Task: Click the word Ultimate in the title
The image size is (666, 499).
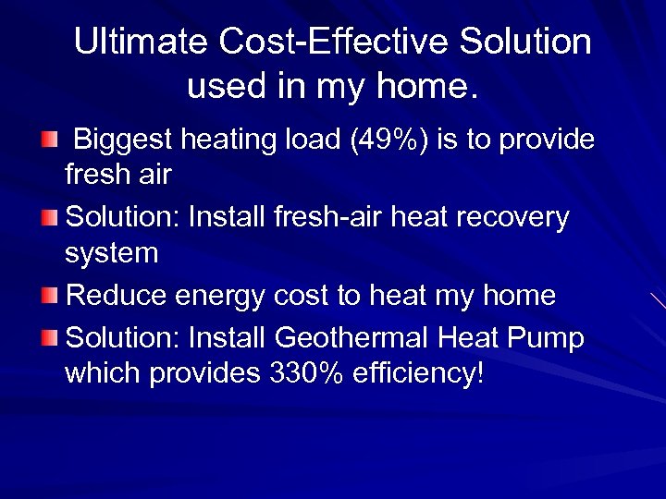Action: tap(142, 42)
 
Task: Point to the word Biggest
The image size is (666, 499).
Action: tap(123, 140)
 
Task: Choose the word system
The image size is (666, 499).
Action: tap(111, 253)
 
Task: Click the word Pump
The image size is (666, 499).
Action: tap(550, 339)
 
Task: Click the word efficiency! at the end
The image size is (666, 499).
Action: tap(418, 374)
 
